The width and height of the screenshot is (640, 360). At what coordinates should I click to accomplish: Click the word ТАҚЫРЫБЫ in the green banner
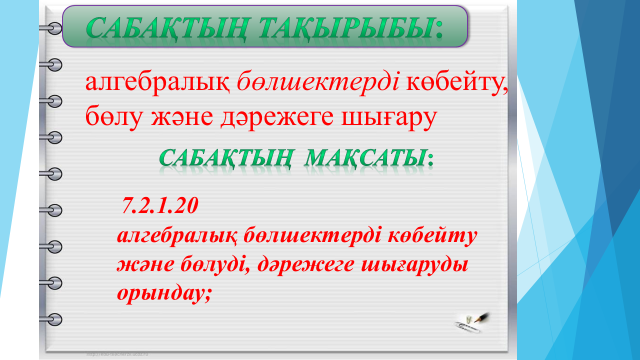click(x=346, y=28)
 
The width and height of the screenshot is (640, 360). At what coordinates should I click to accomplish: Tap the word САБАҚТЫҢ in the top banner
click(x=167, y=29)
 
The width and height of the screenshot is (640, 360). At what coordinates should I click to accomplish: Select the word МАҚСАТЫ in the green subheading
click(x=365, y=158)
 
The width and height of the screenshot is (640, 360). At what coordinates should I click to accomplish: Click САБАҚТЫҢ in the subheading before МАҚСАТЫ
click(x=226, y=158)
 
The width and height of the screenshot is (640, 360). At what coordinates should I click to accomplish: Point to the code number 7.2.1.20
click(x=160, y=205)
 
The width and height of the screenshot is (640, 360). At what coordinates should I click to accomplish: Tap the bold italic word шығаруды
click(x=415, y=265)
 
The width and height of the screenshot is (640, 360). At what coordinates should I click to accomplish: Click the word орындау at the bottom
click(x=161, y=293)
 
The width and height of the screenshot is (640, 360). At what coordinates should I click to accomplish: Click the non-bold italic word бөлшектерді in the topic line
click(x=318, y=82)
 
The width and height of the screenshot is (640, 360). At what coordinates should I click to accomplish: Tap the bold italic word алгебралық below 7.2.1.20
click(x=177, y=236)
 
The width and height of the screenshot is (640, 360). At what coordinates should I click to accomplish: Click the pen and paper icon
click(x=472, y=322)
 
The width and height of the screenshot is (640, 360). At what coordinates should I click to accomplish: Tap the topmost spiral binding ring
click(x=52, y=28)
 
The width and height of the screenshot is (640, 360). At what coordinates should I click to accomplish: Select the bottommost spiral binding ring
click(x=52, y=319)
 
